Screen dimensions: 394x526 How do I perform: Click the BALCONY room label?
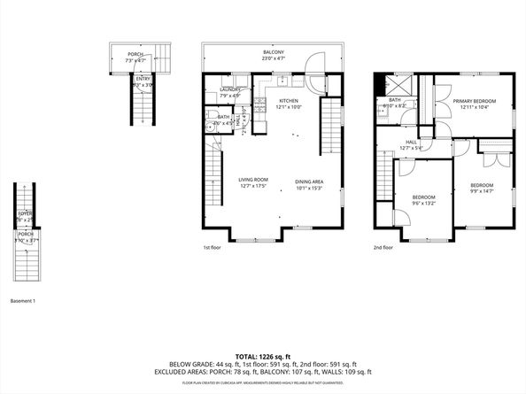pos(274,53)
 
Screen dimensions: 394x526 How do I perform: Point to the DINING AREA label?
pos(310,181)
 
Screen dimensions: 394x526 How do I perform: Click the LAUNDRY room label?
pos(230,89)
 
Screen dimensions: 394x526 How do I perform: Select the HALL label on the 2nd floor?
pos(412,142)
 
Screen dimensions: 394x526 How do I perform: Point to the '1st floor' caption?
pos(213,248)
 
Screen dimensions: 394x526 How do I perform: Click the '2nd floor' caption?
pos(383,248)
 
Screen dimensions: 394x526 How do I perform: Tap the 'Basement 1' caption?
pos(22,302)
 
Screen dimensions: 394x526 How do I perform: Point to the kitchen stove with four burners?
pos(260,102)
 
